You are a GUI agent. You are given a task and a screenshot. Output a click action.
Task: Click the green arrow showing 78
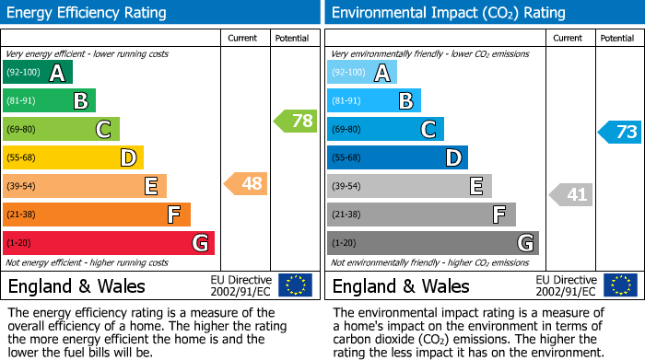(x=295, y=121)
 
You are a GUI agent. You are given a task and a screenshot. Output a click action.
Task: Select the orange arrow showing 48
(x=246, y=184)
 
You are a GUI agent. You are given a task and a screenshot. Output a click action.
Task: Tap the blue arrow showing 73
(x=619, y=132)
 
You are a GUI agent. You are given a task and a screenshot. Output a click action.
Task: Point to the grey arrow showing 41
(x=571, y=194)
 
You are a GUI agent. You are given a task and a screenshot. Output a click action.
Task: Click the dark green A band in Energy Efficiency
(x=37, y=73)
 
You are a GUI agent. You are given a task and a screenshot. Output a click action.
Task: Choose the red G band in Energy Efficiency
(x=108, y=243)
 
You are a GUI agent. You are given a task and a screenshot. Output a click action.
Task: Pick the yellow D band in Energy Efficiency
(x=73, y=157)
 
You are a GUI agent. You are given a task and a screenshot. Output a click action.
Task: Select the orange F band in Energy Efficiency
(x=96, y=215)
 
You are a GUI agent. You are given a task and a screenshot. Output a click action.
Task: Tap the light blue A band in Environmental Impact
(x=361, y=73)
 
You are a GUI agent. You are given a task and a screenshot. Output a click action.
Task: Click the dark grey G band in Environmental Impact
(x=432, y=243)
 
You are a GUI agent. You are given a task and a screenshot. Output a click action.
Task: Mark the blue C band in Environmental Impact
(x=385, y=129)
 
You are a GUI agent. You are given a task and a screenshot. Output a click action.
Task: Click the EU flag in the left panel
(x=295, y=285)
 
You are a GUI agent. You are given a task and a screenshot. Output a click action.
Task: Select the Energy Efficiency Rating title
(x=88, y=13)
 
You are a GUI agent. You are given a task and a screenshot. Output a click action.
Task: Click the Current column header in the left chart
(x=243, y=38)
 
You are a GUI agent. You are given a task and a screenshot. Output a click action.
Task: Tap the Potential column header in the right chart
(x=617, y=38)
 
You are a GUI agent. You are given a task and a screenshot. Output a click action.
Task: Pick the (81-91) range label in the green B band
(x=22, y=100)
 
